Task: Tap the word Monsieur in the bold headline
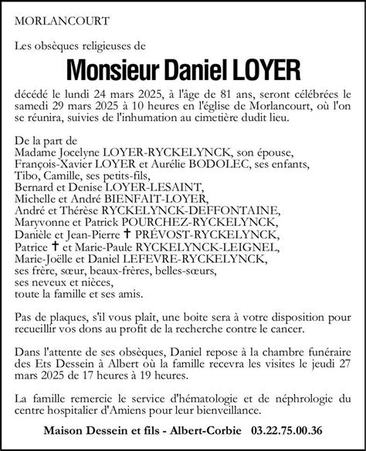tap(104, 72)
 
